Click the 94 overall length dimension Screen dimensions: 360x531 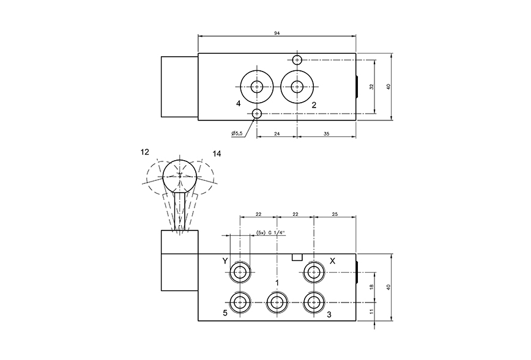coord(277,32)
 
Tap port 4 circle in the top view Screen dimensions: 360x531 coord(257,86)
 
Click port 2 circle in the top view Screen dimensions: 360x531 coord(297,86)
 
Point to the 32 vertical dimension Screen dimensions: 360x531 coord(371,87)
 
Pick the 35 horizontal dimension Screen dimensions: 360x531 coord(326,133)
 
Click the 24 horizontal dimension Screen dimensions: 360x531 coord(277,133)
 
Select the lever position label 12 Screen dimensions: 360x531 coord(144,150)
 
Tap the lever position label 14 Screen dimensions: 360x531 coord(217,153)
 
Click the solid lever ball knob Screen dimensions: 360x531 coord(180,175)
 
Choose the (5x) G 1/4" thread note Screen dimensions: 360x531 coord(270,232)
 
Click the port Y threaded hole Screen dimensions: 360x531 coord(240,272)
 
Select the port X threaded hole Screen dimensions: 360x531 coord(314,272)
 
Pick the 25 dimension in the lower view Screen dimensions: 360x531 coord(335,213)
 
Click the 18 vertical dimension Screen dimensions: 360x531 coord(371,286)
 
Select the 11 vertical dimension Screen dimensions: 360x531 coord(371,311)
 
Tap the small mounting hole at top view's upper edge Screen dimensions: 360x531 coord(297,59)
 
